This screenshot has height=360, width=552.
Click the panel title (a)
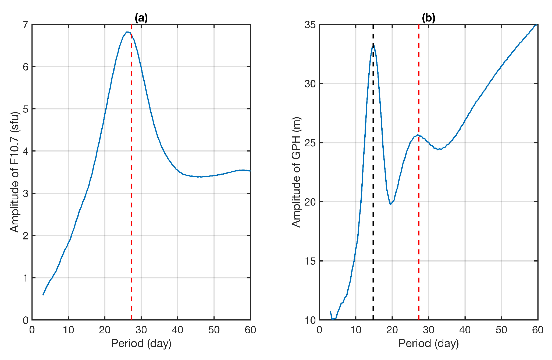coord(141,18)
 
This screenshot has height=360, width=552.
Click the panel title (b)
coord(428,18)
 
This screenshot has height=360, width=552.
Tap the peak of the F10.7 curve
coord(127,32)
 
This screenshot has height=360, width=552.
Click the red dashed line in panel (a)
coord(131,188)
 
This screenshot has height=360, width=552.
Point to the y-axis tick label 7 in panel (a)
coord(26,25)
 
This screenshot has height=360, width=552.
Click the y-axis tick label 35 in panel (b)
coord(310,25)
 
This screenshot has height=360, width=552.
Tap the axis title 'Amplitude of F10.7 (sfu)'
coord(15,172)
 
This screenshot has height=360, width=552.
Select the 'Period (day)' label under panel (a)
coord(141,344)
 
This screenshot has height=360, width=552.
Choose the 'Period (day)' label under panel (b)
coord(428,344)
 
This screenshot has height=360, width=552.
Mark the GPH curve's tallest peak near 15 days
coord(373,46)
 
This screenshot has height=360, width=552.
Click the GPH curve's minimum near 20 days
coord(391,204)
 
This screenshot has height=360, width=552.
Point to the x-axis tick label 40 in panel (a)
coord(177,330)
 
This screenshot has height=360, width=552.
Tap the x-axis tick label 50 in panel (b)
coord(501,330)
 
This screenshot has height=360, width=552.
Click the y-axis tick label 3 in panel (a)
coord(26,193)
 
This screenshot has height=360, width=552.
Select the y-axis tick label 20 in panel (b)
coord(310,202)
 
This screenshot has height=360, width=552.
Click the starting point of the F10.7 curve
coord(43,295)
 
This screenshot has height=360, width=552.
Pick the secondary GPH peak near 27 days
coord(418,135)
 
